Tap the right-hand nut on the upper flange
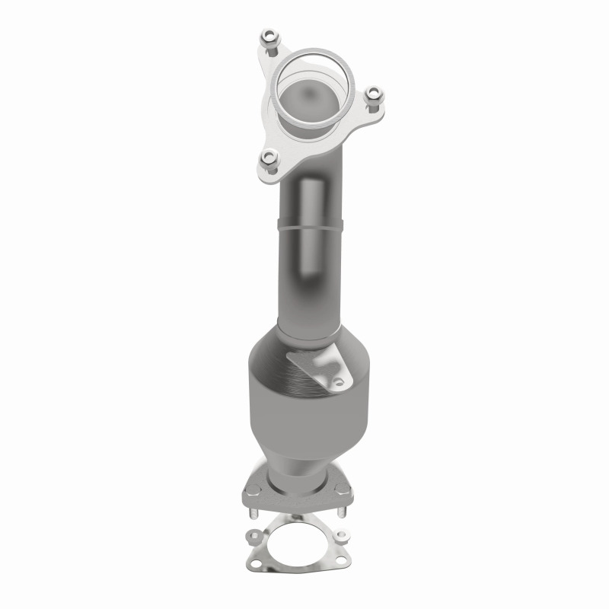click(372, 97)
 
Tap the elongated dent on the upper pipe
click(313, 228)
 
